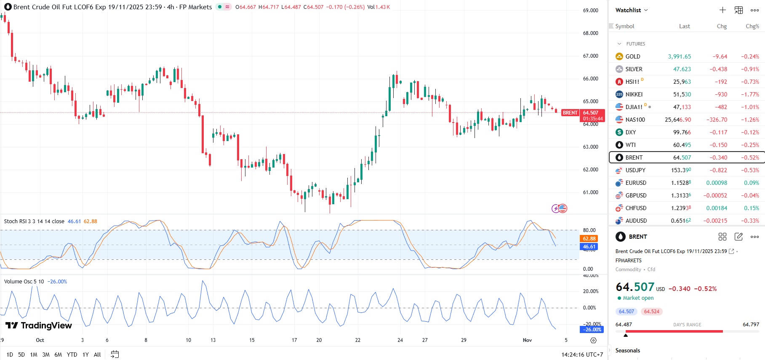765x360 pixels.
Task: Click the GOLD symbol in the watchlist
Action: tap(632, 56)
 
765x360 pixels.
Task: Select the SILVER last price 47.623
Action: tap(682, 69)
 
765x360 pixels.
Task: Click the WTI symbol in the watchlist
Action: tap(630, 145)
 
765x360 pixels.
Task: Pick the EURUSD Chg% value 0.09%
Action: tap(751, 183)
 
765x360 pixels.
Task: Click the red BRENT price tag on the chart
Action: tap(570, 113)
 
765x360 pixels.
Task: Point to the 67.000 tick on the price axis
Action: tap(590, 56)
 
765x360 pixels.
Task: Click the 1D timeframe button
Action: tap(10, 355)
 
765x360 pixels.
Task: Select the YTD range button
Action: tap(72, 355)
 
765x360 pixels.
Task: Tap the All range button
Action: tap(97, 355)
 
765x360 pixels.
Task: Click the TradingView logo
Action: tap(39, 325)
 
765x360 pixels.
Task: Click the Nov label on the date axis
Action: tap(527, 340)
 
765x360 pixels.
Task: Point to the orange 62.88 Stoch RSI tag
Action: tap(589, 239)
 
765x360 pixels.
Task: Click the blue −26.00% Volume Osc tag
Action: tap(593, 330)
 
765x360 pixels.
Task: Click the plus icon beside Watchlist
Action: tap(722, 10)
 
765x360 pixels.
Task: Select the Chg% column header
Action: tap(752, 26)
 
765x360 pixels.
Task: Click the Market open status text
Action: tap(638, 298)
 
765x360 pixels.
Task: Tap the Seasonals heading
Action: tap(627, 350)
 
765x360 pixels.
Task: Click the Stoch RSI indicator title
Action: tap(34, 221)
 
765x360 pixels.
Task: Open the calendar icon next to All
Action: tap(115, 355)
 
